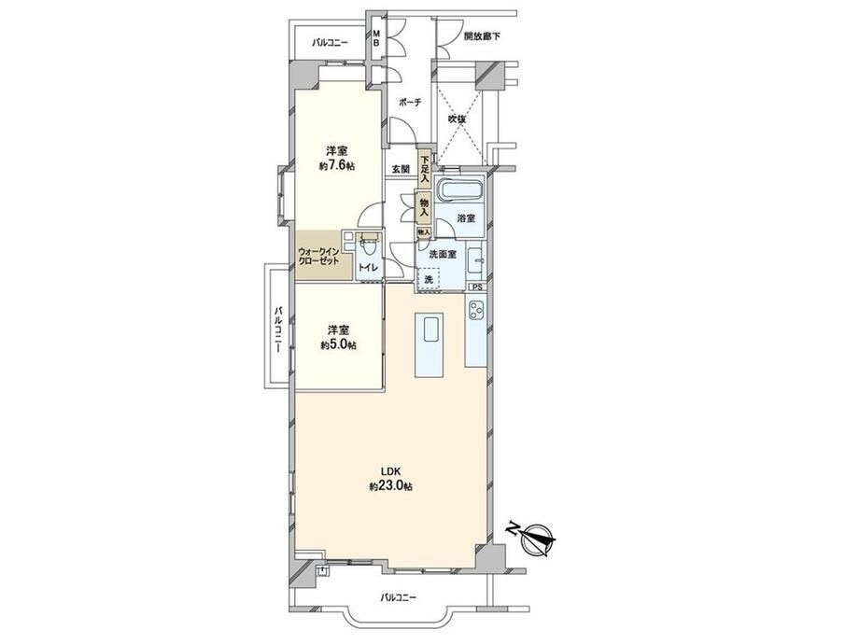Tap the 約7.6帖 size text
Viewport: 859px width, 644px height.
click(x=337, y=166)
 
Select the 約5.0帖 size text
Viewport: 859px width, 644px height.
click(x=338, y=345)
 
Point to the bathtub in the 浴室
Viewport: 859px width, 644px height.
click(x=461, y=191)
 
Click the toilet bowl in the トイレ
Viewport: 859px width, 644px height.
click(x=366, y=247)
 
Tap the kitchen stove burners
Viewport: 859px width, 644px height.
click(x=474, y=311)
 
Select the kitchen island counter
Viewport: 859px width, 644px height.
click(x=429, y=344)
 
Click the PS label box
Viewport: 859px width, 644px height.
click(x=476, y=287)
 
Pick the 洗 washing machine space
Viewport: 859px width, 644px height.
click(x=429, y=279)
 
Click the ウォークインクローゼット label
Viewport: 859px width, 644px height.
click(x=318, y=257)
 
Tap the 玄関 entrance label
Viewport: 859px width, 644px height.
click(x=401, y=169)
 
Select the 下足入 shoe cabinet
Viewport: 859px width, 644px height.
click(x=425, y=169)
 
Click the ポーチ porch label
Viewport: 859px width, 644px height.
click(x=410, y=103)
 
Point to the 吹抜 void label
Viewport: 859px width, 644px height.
click(x=458, y=119)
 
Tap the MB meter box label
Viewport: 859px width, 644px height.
click(x=376, y=37)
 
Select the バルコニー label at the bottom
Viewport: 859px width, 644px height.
click(x=399, y=597)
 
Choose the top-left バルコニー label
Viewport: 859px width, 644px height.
click(x=331, y=42)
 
